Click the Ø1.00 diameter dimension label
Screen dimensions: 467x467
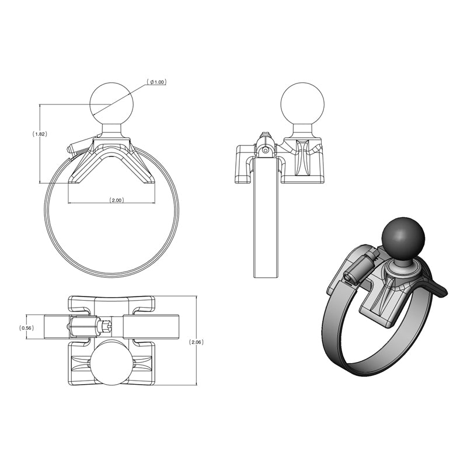pos(157,82)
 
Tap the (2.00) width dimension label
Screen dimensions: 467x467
pos(116,200)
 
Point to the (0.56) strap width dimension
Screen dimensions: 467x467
pos(27,327)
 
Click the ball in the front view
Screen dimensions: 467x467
pos(111,103)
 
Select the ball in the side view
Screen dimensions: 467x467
pos(302,104)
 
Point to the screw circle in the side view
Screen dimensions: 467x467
pos(266,150)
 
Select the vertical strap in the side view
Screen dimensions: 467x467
pos(266,222)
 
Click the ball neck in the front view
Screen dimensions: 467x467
pos(111,130)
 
